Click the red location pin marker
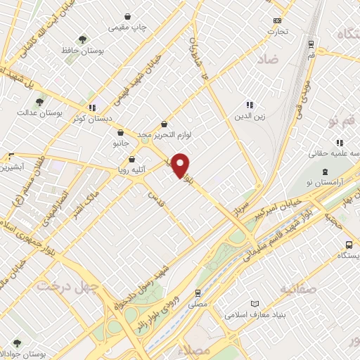tap(181, 165)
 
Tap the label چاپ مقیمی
tap(127, 27)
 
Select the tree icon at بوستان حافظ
tap(83, 39)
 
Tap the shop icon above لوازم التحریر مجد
tap(164, 124)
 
